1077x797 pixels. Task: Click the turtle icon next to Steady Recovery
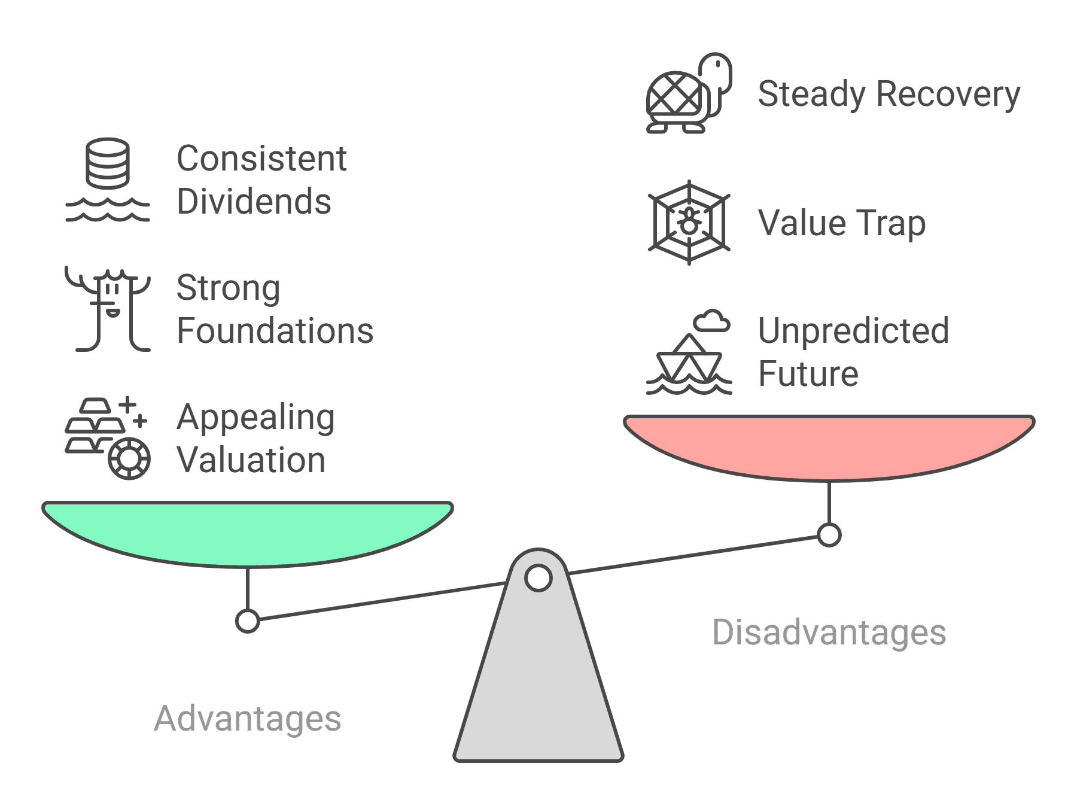click(688, 95)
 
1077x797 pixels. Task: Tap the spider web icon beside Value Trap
click(689, 223)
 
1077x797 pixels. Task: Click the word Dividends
click(254, 202)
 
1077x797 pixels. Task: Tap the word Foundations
click(275, 331)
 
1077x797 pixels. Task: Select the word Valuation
click(251, 460)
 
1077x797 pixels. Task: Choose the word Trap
click(892, 224)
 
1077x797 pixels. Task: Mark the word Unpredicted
click(853, 331)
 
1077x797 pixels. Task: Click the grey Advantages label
click(248, 718)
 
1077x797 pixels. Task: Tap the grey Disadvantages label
click(829, 632)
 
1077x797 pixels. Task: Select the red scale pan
click(829, 446)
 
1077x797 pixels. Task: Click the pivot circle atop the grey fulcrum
click(538, 578)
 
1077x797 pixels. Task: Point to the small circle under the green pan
click(248, 621)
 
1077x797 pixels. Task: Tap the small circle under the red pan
click(829, 535)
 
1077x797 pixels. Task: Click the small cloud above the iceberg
click(712, 321)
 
